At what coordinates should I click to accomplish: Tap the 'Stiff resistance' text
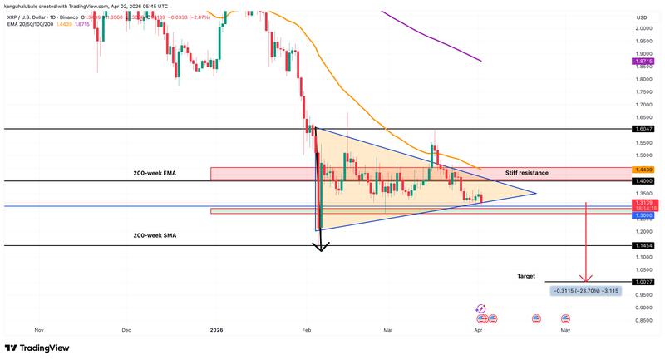526,173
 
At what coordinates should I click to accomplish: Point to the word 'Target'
526,276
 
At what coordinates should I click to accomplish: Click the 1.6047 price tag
643,129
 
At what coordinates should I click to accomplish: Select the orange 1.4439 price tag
643,170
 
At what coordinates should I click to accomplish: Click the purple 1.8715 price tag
643,61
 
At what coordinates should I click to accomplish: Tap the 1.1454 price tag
643,245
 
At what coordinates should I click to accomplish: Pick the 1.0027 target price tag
643,283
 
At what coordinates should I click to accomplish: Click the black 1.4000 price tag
643,181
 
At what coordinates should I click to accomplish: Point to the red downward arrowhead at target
588,279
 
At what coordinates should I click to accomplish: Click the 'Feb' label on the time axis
307,330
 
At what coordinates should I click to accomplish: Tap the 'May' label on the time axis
565,330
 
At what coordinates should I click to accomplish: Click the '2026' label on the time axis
218,330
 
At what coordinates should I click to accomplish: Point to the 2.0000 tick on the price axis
643,28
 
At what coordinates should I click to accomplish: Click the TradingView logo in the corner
37,348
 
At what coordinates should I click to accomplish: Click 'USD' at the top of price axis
642,17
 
